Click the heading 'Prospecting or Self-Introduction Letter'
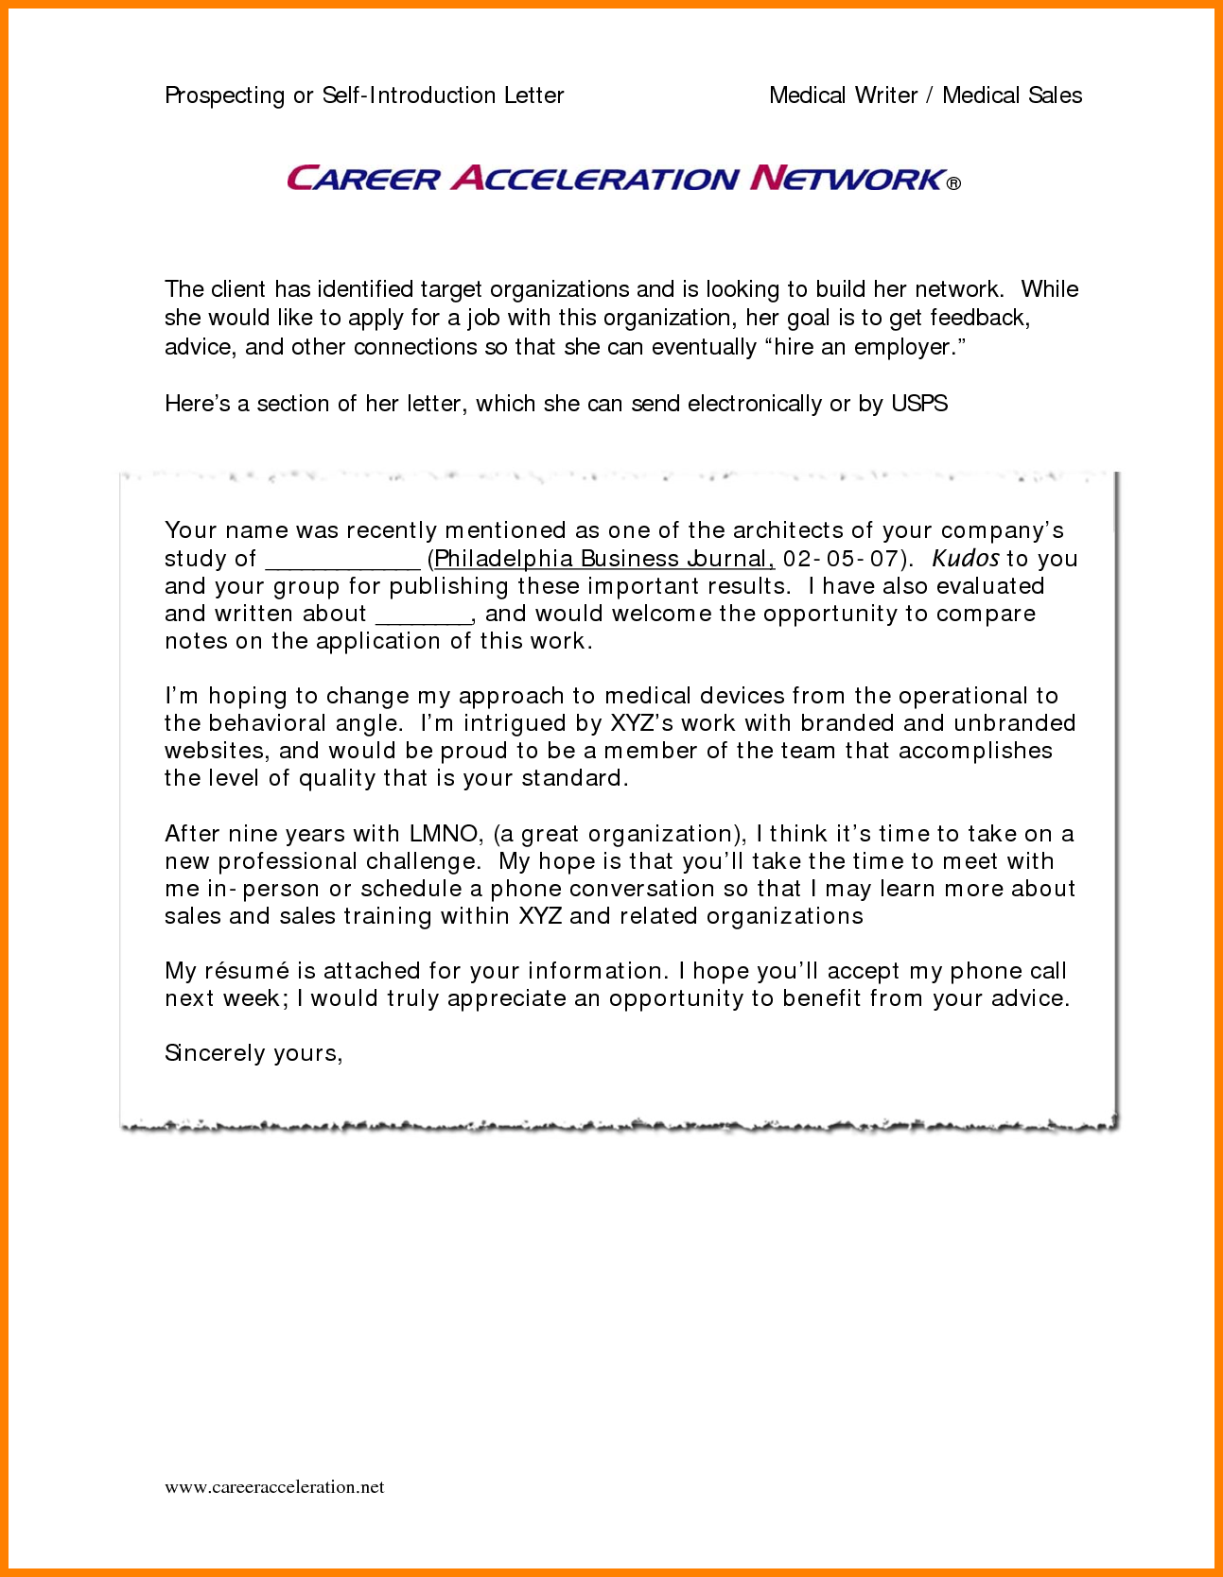[x=364, y=95]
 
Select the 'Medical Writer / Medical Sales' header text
[x=925, y=95]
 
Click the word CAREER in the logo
[x=363, y=179]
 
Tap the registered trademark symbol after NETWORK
[x=953, y=183]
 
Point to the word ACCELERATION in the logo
[x=595, y=179]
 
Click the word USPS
[x=919, y=404]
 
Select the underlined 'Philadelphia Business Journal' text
[x=603, y=559]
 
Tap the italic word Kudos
[x=965, y=558]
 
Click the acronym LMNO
[x=444, y=834]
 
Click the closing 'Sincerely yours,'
[x=253, y=1053]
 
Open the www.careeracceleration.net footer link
[x=274, y=1487]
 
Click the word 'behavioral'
[x=267, y=723]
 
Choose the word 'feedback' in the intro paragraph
[x=978, y=318]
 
